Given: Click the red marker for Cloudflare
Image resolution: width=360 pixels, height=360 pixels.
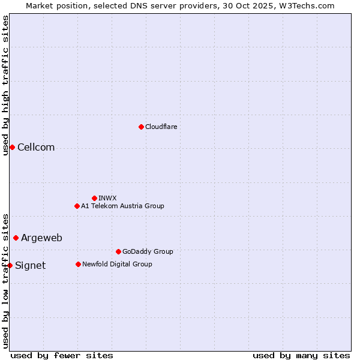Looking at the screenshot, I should [x=141, y=127].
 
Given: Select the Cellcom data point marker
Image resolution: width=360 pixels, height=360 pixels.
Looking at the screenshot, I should [x=12, y=148].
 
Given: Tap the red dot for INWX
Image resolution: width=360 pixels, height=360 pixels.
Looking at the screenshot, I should [x=94, y=198].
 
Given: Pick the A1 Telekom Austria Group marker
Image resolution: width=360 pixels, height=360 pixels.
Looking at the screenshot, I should [x=77, y=206].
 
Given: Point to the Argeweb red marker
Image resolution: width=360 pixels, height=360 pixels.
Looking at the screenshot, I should [x=16, y=238].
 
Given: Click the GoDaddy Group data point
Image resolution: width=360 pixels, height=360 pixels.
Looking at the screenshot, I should [x=118, y=251].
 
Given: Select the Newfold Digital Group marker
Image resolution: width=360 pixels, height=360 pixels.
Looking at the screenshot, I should [x=78, y=264].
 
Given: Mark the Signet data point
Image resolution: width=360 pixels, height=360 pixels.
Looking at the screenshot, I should [x=10, y=265].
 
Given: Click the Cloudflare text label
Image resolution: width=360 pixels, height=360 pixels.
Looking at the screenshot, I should [x=161, y=127].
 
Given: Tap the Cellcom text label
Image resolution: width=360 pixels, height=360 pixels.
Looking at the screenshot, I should [x=36, y=148].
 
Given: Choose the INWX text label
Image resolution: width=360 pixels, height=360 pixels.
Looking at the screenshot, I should [x=107, y=198].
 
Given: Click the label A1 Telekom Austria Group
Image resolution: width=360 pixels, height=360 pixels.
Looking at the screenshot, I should [x=122, y=206].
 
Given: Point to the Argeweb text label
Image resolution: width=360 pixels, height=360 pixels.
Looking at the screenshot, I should [x=41, y=238].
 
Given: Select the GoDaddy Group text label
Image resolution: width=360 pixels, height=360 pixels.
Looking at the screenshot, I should [x=148, y=251].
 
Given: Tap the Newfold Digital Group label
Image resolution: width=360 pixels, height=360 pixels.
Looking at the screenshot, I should [x=117, y=264].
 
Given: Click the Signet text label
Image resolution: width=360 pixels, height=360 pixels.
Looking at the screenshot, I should [x=30, y=266].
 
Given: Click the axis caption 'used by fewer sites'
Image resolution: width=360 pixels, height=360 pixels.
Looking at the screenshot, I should [x=62, y=355].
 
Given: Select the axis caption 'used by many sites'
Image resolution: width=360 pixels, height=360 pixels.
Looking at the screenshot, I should [x=301, y=355].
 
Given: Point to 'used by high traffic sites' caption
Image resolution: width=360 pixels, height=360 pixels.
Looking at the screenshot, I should [x=5, y=85].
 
